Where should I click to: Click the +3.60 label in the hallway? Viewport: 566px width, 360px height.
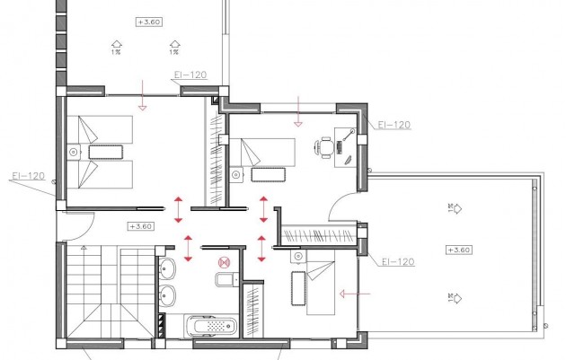[142, 226]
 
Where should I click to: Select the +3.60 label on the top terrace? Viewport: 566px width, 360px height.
[149, 21]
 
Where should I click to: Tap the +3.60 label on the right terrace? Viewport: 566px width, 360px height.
[458, 249]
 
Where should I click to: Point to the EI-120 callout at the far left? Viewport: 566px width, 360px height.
[28, 176]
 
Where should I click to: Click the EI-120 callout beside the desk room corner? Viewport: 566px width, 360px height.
[395, 125]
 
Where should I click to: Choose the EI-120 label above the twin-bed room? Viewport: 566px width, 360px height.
[189, 75]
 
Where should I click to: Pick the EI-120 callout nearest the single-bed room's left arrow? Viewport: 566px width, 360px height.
[395, 262]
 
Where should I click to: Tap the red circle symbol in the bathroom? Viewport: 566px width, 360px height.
[224, 261]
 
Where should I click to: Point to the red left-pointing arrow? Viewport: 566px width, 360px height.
[355, 292]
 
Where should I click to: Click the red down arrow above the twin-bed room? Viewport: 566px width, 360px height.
[142, 95]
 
